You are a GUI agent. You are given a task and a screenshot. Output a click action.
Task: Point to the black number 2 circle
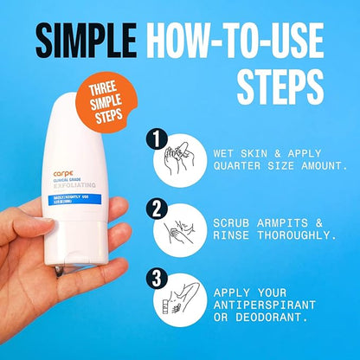pyautogui.click(x=156, y=209)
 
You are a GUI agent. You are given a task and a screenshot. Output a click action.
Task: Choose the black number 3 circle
pyautogui.click(x=156, y=279)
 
